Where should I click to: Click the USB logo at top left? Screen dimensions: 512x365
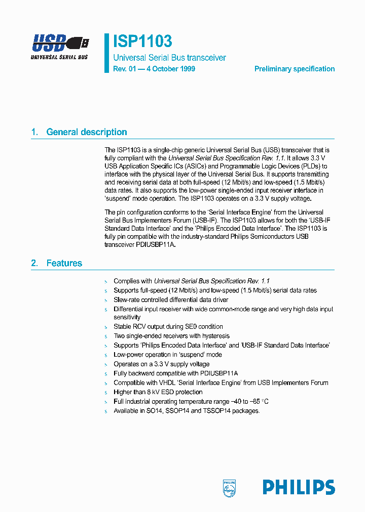tap(60, 47)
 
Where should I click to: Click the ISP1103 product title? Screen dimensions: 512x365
tap(142, 41)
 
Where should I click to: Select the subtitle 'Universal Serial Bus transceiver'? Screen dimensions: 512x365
tap(169, 58)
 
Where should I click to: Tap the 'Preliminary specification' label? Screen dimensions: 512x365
tap(294, 69)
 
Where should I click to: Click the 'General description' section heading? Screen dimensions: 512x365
tap(87, 132)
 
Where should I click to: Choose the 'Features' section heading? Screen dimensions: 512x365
tap(64, 263)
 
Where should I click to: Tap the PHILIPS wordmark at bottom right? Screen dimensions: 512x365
tap(299, 487)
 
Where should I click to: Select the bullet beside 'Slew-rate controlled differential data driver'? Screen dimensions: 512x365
tap(106, 300)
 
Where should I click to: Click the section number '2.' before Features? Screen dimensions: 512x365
tap(34, 263)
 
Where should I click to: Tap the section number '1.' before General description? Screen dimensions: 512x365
tap(34, 132)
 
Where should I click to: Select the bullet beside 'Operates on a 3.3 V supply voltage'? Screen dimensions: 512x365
tap(106, 364)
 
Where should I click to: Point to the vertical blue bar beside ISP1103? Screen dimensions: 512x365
tap(107, 54)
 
